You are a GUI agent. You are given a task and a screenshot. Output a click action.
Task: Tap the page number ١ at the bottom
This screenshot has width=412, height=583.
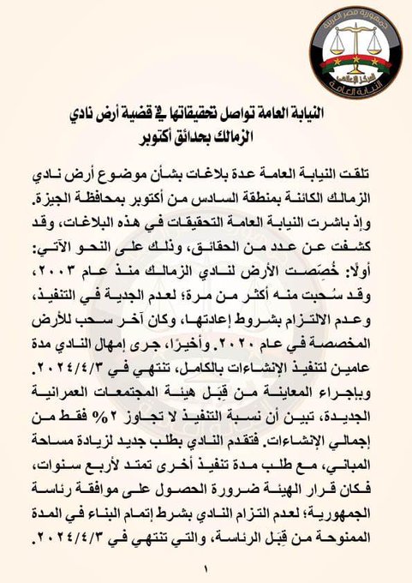[x=206, y=568]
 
